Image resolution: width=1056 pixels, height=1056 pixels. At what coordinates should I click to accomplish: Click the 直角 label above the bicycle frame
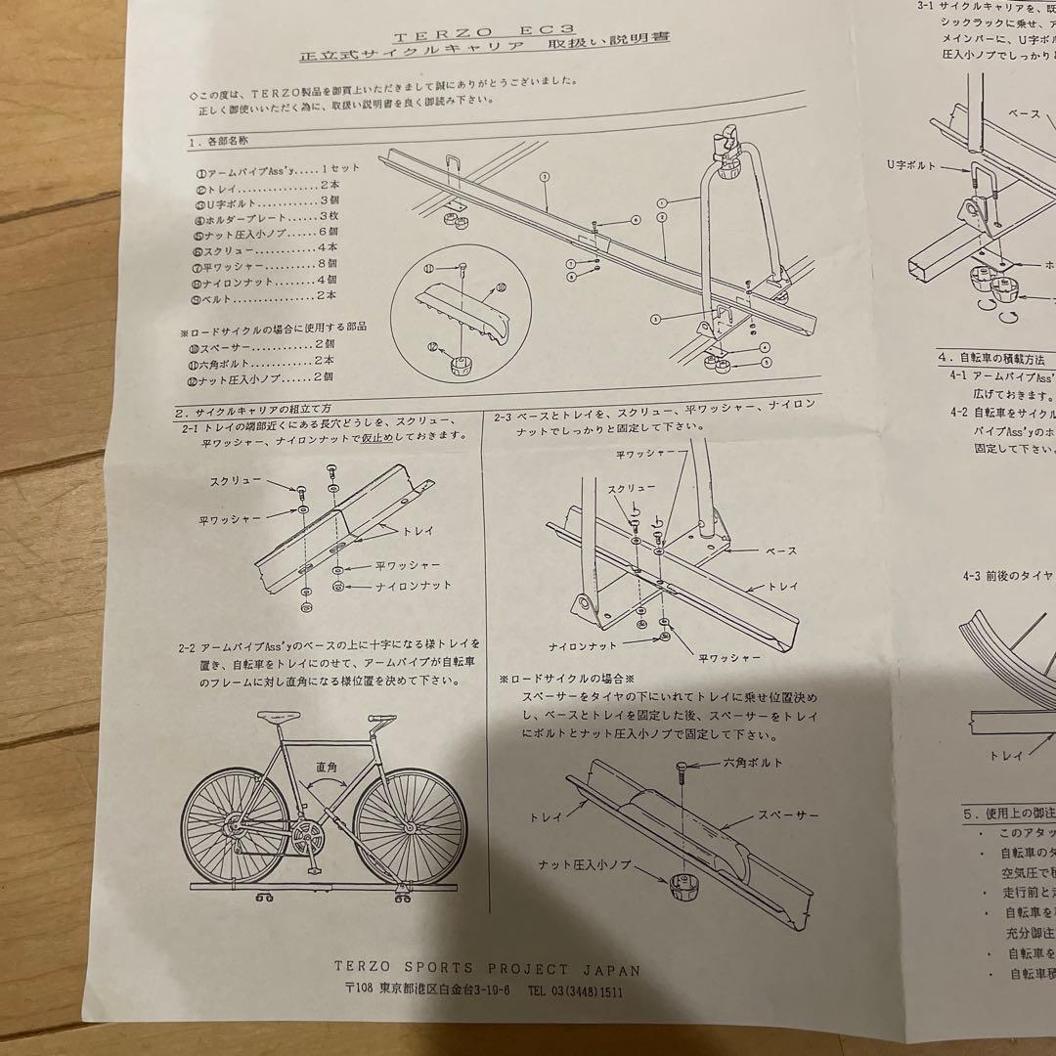click(327, 769)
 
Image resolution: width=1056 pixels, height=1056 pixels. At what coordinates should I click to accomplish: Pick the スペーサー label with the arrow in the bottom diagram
click(785, 814)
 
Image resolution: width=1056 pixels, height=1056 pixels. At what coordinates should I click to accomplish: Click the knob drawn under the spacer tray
click(687, 889)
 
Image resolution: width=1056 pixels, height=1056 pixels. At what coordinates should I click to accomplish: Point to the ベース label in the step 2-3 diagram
click(779, 551)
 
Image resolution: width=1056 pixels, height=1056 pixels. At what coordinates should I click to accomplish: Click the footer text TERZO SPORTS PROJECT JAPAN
click(487, 970)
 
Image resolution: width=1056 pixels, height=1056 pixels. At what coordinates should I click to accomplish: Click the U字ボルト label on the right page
click(909, 166)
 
